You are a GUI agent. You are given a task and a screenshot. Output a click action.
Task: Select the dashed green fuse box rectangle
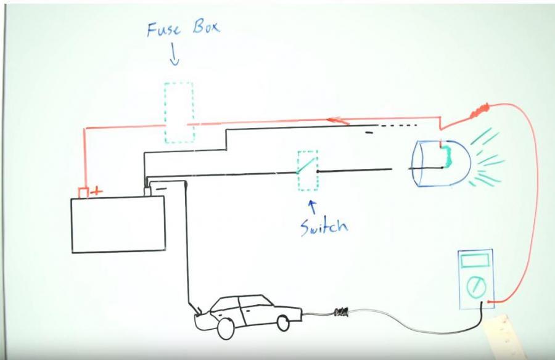178,112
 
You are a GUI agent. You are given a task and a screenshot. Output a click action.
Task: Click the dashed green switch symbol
308,171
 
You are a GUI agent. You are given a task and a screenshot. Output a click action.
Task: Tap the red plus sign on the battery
96,192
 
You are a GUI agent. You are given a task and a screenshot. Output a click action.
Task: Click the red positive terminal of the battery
83,192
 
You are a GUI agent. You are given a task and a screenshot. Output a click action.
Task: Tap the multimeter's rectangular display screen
475,260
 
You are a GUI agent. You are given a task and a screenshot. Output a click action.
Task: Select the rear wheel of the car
283,323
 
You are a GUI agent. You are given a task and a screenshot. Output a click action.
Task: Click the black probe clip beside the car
342,313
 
